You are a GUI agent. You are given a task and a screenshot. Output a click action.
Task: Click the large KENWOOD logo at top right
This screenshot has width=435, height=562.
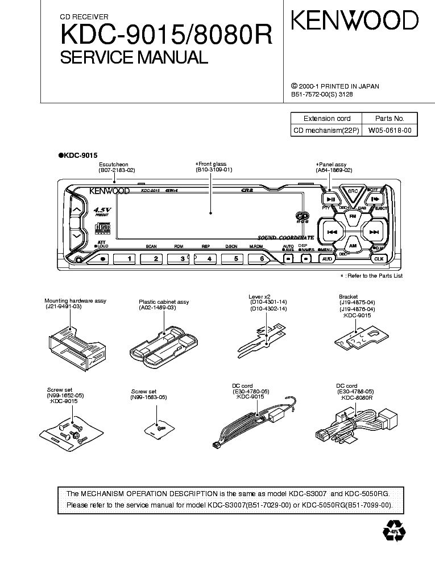[355, 21]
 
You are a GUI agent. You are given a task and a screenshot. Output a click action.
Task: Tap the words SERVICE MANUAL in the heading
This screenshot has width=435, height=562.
[134, 57]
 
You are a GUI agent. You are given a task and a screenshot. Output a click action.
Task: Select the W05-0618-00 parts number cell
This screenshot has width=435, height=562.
[390, 131]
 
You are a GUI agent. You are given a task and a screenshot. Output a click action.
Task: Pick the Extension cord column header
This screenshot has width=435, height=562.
[327, 119]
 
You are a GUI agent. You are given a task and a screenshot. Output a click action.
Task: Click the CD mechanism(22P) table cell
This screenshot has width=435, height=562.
[326, 131]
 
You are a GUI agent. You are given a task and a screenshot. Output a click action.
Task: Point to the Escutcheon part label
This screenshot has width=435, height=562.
[114, 164]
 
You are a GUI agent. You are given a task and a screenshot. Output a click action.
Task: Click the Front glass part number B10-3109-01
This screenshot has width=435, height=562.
[214, 170]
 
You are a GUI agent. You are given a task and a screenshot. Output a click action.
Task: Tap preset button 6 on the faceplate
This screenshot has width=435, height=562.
[262, 258]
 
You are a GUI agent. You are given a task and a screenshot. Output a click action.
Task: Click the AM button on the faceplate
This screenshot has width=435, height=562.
[353, 246]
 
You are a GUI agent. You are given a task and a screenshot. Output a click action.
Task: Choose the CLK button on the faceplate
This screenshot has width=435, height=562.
[378, 259]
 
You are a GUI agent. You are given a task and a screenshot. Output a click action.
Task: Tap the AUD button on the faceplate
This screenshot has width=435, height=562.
[326, 259]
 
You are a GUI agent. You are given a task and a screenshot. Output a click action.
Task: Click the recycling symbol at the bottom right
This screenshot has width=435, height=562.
[394, 531]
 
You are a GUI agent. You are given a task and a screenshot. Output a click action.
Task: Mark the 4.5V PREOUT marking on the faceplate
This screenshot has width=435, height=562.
[102, 212]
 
